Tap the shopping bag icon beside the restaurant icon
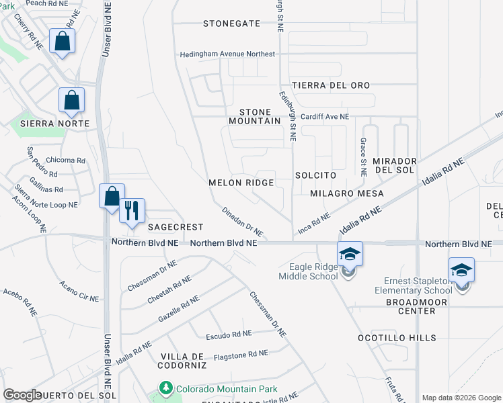click(x=112, y=196)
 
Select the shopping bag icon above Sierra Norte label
click(x=71, y=101)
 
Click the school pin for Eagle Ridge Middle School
click(x=350, y=255)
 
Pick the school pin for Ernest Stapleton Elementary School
click(x=461, y=271)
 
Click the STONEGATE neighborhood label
click(x=231, y=24)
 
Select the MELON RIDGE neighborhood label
click(x=241, y=183)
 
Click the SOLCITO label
click(x=315, y=175)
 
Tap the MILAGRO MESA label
click(x=347, y=193)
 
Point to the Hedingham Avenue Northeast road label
click(x=227, y=54)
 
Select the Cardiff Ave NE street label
click(x=324, y=116)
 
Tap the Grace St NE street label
click(x=363, y=156)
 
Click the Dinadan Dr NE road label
click(x=243, y=220)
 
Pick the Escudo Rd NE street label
click(x=229, y=333)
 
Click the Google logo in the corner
click(x=22, y=395)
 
